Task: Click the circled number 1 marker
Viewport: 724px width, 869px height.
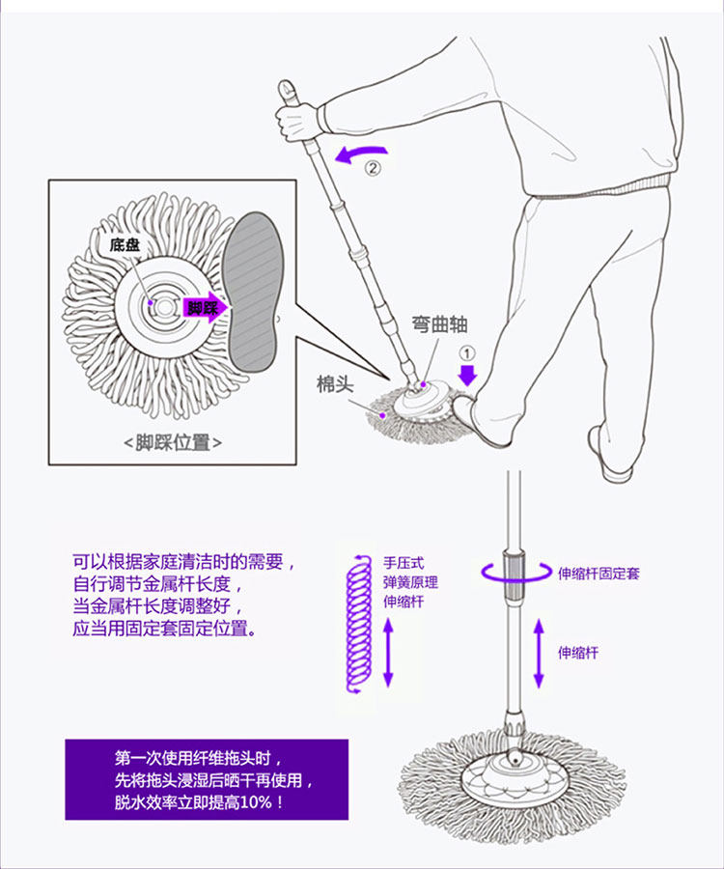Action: click(466, 352)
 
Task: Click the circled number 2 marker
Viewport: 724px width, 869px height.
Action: click(373, 167)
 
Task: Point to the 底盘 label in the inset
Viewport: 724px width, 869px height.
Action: click(125, 245)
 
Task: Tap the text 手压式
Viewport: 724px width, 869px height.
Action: click(404, 563)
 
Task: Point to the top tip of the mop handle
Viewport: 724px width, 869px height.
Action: click(287, 86)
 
